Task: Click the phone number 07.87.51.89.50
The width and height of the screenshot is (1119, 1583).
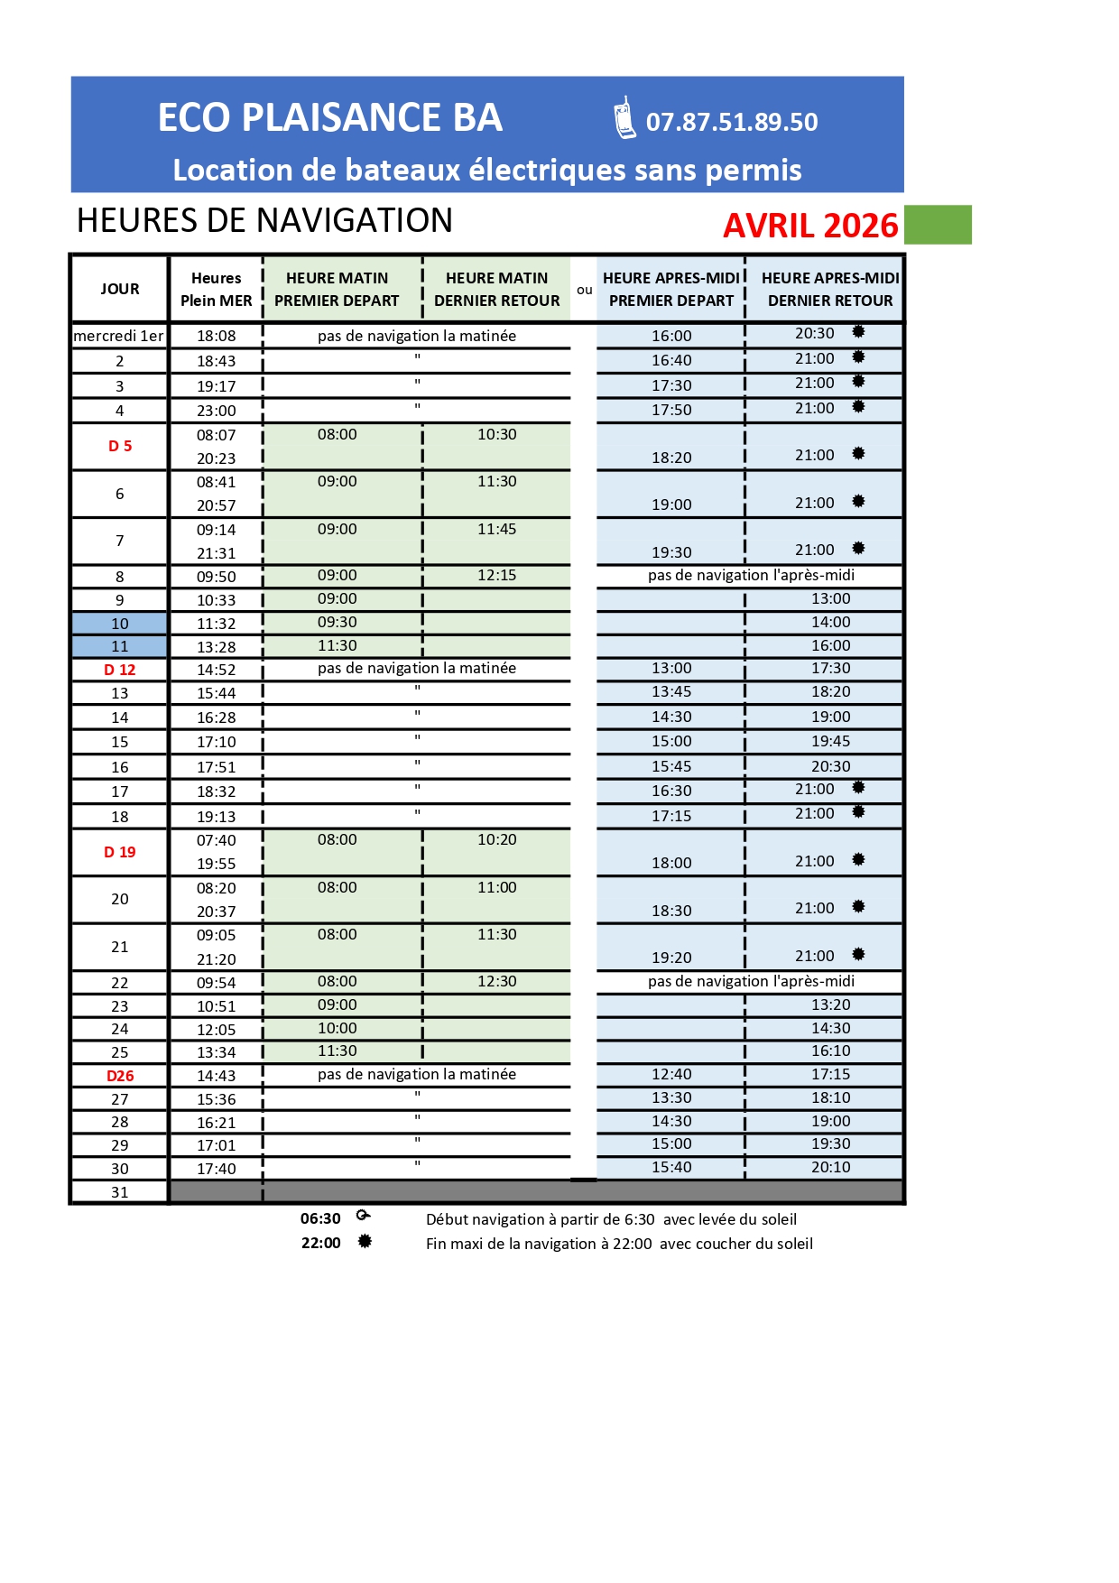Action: [732, 122]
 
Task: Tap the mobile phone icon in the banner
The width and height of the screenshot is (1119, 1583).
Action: [624, 118]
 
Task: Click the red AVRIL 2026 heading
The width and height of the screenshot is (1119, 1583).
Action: [810, 226]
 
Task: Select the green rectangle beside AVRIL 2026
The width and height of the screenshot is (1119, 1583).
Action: [938, 225]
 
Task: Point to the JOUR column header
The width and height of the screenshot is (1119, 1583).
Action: [120, 289]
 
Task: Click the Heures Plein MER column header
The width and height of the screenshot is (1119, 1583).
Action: [217, 289]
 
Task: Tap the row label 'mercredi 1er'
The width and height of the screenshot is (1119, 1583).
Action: [119, 336]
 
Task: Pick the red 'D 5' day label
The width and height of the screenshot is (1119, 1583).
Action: [120, 446]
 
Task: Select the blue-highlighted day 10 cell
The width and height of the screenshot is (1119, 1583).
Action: [120, 624]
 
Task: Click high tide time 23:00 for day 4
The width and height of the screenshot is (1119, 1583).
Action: [217, 411]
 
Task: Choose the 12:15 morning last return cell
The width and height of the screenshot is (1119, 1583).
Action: [497, 575]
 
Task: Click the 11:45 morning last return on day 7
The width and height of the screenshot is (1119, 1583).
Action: [497, 529]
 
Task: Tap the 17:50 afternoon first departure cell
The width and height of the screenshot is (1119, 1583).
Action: [671, 410]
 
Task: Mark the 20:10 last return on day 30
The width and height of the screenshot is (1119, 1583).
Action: [830, 1167]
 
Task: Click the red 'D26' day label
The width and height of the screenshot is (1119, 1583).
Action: [120, 1076]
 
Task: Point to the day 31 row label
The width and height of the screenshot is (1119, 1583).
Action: [120, 1192]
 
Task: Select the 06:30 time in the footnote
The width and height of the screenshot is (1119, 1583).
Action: [320, 1218]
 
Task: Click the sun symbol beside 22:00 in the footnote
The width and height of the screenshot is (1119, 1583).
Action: [365, 1242]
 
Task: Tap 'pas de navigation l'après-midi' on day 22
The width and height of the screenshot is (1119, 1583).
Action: [751, 981]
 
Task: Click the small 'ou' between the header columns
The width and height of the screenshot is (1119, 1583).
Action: [585, 290]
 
